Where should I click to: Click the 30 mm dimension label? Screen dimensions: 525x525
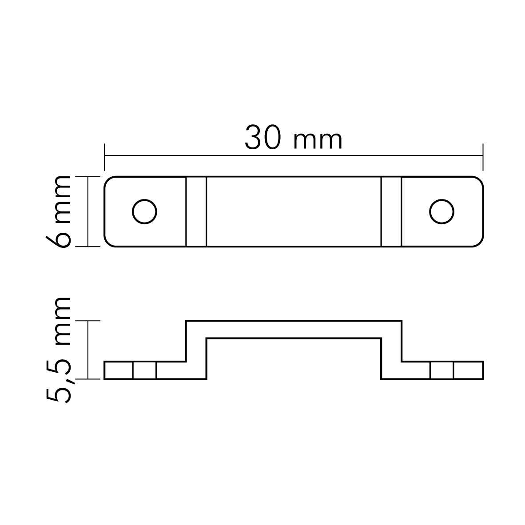pos(293,137)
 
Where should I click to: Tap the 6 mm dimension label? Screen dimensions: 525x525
pos(59,211)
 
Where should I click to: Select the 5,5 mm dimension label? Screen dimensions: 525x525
pos(59,350)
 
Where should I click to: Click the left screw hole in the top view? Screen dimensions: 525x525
pos(144,211)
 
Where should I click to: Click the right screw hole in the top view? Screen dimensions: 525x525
pos(441,211)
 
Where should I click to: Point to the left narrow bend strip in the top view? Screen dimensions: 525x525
pos(196,211)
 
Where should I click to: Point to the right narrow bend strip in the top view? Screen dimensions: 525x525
pos(391,211)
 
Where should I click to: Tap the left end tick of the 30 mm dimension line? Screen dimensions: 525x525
pos(104,157)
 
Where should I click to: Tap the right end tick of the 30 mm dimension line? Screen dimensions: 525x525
pos(483,157)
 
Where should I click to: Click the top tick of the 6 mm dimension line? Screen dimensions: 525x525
pos(88,176)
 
